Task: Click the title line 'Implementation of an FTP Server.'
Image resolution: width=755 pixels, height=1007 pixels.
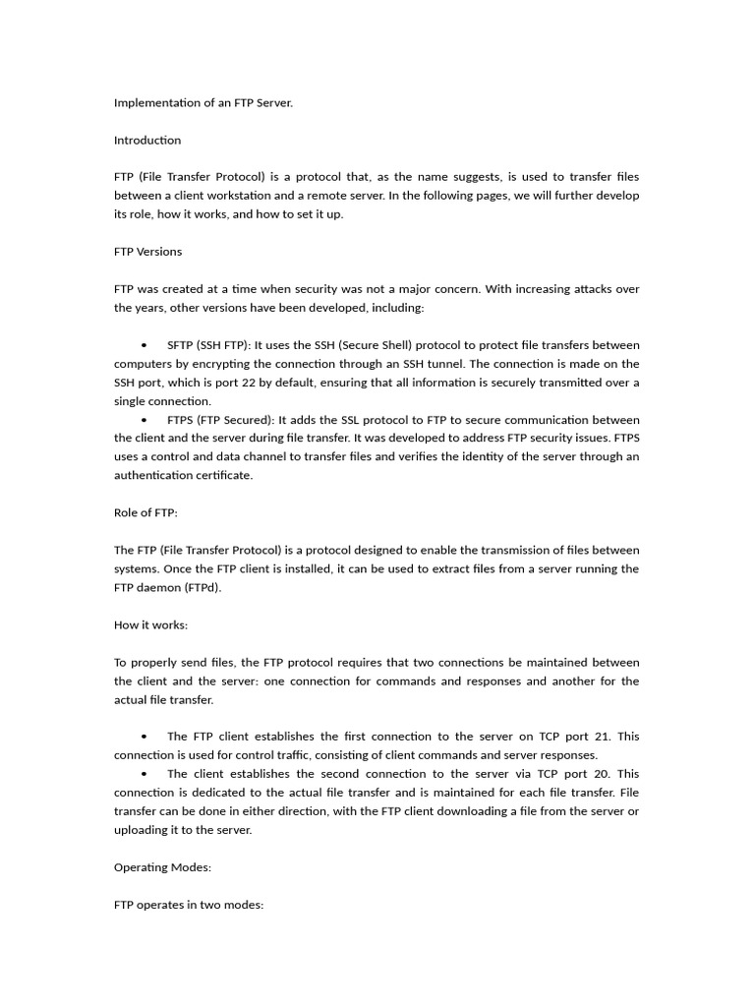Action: tap(203, 102)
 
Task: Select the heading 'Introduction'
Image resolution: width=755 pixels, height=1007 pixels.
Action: tap(147, 140)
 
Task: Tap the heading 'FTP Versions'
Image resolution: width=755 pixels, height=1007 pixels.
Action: tap(147, 252)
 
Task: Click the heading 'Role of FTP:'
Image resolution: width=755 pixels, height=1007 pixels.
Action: tap(145, 513)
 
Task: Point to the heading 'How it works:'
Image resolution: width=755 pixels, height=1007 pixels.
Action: tap(150, 625)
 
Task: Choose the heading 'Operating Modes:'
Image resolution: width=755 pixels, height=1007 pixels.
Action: tap(162, 867)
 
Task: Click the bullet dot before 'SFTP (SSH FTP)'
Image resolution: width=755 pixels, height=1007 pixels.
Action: tap(145, 346)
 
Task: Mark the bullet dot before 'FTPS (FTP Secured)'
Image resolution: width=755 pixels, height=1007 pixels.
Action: tap(145, 421)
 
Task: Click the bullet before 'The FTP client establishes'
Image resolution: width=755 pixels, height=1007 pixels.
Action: tap(145, 737)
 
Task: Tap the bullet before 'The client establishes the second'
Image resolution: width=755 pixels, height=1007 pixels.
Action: tap(145, 774)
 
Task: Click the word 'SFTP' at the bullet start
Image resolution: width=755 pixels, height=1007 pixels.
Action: tap(180, 345)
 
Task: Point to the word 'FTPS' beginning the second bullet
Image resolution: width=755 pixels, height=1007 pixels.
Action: tap(180, 420)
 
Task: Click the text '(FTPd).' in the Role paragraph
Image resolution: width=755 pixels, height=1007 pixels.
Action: tap(202, 588)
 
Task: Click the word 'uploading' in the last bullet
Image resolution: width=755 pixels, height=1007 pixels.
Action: tap(142, 830)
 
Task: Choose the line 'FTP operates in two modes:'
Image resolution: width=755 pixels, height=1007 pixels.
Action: tap(189, 905)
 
